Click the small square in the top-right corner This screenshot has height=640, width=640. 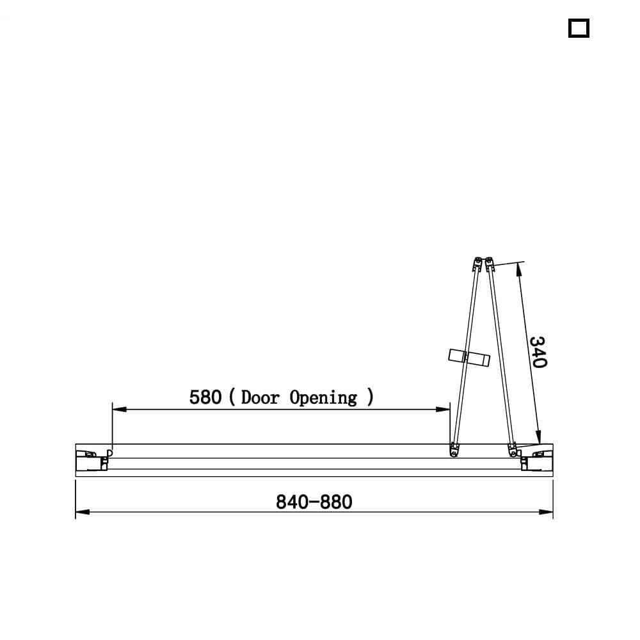tap(579, 29)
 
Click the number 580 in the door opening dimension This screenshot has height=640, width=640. tap(205, 397)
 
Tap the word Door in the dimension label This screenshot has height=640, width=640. tap(260, 397)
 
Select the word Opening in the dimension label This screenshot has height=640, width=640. tap(323, 398)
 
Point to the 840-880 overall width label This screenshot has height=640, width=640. tap(314, 502)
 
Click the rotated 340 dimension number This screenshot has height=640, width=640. tap(538, 352)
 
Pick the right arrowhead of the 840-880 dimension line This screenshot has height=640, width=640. tap(548, 512)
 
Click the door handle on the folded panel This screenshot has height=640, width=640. tap(469, 357)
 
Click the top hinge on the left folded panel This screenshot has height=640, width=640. tap(477, 263)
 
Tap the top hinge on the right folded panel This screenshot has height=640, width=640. tap(490, 263)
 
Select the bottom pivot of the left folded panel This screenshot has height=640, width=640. tap(454, 451)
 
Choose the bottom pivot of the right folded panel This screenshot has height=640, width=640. tap(512, 450)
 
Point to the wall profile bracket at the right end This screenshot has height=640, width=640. tap(536, 460)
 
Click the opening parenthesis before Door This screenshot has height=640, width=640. tap(231, 397)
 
